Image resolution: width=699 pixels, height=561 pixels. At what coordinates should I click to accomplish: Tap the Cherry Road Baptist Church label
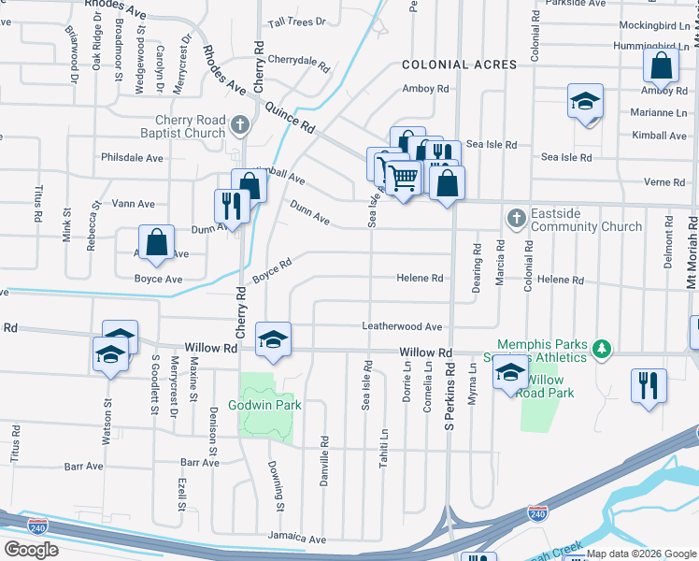click(192, 126)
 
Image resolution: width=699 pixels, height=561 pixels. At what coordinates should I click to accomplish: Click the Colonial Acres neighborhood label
click(459, 65)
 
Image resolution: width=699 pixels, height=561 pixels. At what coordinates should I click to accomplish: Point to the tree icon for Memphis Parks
click(604, 350)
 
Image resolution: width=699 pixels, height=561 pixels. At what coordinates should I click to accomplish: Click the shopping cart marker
click(403, 177)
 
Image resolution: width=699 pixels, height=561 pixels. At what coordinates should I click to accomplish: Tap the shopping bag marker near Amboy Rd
click(661, 66)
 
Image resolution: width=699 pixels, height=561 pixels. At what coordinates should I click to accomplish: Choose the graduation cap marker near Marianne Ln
click(585, 101)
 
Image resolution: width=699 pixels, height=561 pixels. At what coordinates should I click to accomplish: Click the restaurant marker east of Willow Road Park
click(649, 385)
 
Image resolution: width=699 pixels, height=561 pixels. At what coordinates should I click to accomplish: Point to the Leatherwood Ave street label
click(402, 326)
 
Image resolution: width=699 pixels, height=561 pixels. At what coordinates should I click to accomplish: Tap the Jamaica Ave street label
click(298, 539)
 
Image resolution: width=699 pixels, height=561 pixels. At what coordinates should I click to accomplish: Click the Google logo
click(32, 549)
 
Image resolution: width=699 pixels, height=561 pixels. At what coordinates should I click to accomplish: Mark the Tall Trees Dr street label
click(296, 21)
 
